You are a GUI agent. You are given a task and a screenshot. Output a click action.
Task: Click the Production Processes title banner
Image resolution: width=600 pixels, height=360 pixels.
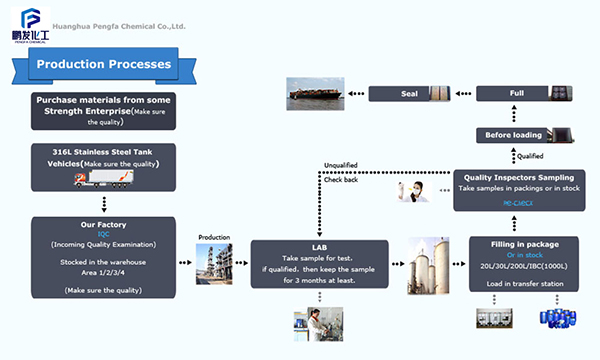(104, 65)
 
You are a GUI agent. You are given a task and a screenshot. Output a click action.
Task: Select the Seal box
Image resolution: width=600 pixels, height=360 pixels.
(409, 93)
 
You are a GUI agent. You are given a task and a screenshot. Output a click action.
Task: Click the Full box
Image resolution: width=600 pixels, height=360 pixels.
(516, 93)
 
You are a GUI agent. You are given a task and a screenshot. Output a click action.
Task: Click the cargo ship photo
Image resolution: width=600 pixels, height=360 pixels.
(319, 93)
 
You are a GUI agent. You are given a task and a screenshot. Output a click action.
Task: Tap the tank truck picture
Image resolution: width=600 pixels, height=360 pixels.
(104, 180)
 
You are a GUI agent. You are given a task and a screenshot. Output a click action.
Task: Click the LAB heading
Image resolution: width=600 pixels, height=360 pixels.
(318, 247)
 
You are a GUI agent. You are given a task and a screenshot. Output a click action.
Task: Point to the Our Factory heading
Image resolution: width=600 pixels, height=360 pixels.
(104, 225)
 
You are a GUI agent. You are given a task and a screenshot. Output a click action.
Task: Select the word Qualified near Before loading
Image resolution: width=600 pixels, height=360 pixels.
(530, 155)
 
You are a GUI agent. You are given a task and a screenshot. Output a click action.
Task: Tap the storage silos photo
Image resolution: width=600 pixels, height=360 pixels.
(427, 266)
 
